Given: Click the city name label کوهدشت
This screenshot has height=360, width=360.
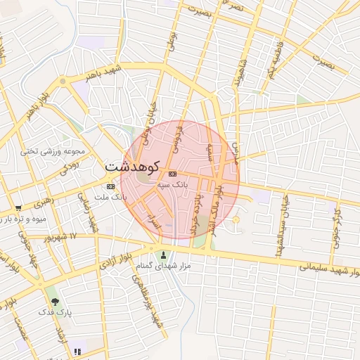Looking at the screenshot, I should click(134, 167).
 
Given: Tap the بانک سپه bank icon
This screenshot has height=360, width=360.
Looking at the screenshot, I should click(172, 174).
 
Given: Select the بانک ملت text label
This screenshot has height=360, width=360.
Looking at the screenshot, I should click(114, 197).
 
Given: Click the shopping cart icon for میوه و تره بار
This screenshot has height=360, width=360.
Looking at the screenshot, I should click(18, 208).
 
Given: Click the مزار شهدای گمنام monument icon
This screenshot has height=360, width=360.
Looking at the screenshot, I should click(165, 255).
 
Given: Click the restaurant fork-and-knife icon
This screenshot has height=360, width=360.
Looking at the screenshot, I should click(77, 351).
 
